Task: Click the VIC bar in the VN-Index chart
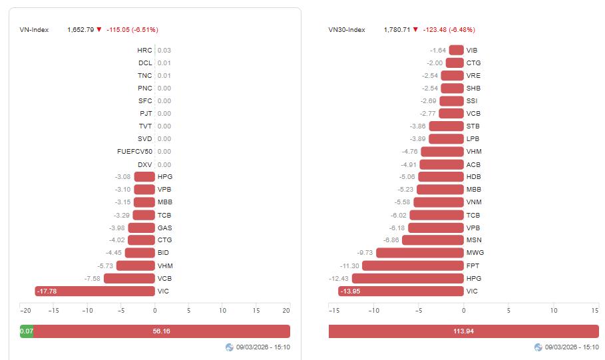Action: (95, 291)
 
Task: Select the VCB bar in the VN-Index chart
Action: (129, 278)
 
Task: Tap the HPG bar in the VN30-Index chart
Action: (407, 278)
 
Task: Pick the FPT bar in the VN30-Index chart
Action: (413, 266)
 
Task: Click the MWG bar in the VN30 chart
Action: (419, 253)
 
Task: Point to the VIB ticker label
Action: (472, 50)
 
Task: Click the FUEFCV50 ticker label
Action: (134, 151)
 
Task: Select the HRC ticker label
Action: (144, 50)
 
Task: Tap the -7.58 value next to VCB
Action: (92, 278)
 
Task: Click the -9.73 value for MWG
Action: (365, 253)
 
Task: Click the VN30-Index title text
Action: (346, 29)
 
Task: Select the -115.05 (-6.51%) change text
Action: (132, 29)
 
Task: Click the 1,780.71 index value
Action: (397, 29)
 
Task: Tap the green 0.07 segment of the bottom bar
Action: (27, 331)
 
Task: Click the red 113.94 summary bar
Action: (463, 331)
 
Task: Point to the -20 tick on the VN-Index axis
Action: (25, 311)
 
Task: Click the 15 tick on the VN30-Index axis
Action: (595, 311)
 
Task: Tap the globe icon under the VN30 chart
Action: (538, 347)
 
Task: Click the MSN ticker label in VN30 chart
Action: (473, 240)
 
